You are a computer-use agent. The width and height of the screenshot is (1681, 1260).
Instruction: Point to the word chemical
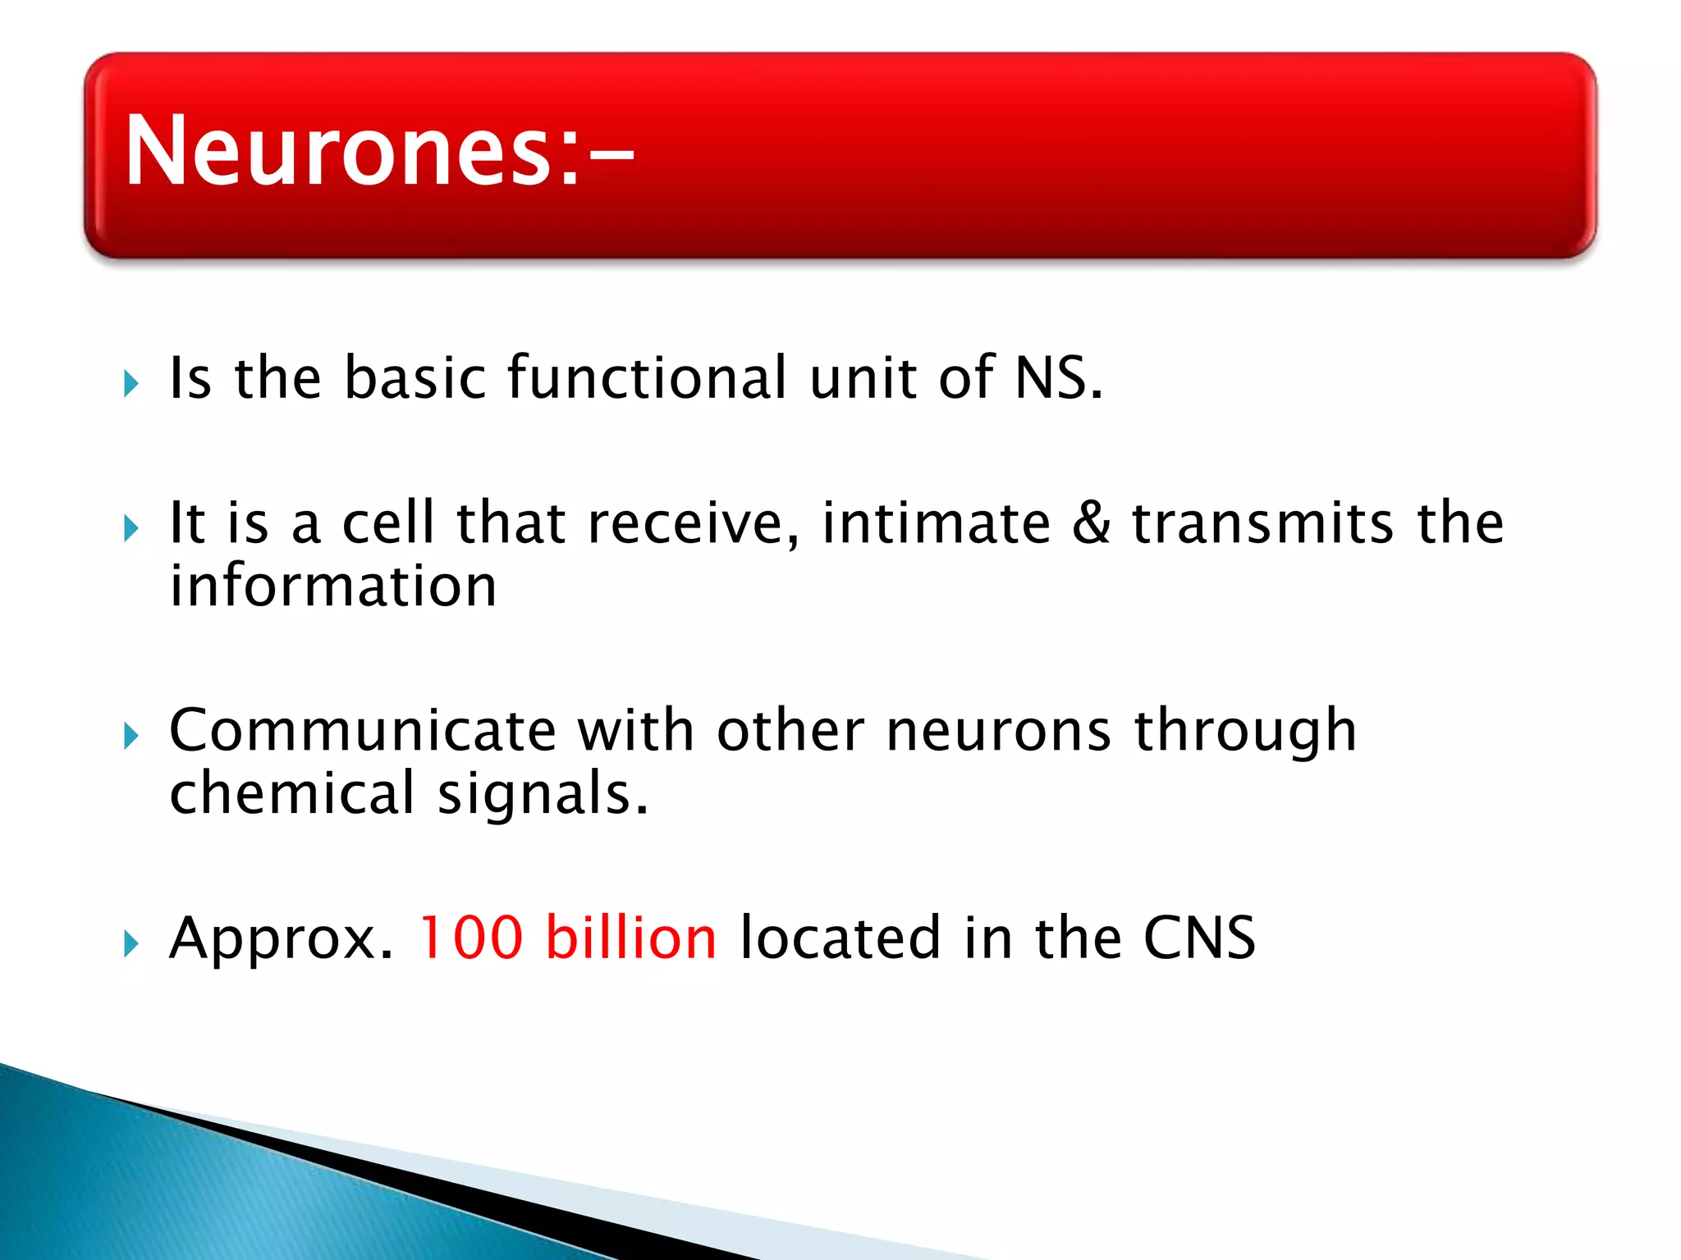click(x=292, y=793)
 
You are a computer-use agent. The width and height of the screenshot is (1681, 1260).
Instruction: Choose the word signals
click(x=543, y=795)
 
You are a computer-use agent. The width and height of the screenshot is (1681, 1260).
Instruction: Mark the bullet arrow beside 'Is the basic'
click(x=131, y=383)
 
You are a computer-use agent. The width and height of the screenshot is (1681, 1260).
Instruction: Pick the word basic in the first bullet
click(x=415, y=378)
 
